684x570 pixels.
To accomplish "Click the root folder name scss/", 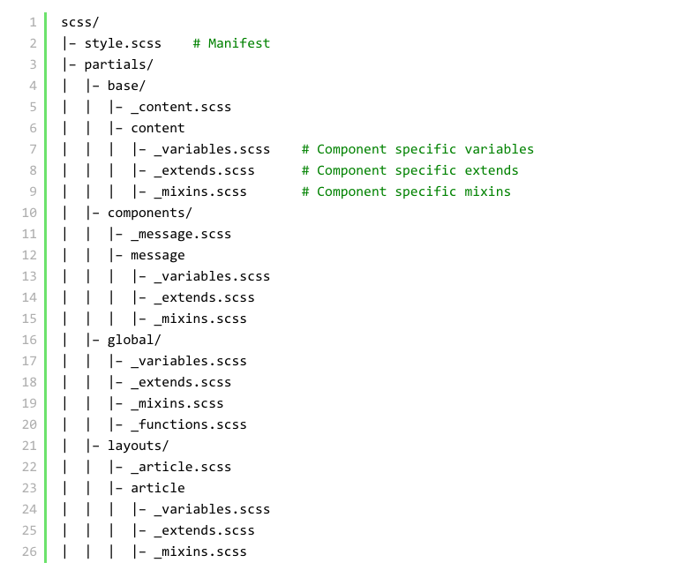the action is [80, 22].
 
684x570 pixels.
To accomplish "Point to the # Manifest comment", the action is [231, 43].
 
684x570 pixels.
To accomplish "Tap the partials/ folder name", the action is [119, 64].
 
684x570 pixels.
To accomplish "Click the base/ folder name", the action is [127, 86].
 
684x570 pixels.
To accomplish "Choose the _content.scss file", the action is [181, 107].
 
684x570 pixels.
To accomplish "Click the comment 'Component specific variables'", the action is [417, 149].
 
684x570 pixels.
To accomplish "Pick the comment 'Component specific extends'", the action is [410, 170].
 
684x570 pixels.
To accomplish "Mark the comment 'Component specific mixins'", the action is [406, 191].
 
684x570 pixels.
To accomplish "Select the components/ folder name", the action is [150, 213].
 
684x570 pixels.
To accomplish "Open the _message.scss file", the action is [181, 234].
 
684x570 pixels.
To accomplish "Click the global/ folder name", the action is [134, 340].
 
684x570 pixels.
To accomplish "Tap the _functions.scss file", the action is [189, 424].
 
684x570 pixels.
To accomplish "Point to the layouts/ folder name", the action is [139, 446].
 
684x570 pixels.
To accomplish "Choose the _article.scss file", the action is [181, 467].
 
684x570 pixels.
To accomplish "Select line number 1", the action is [33, 22].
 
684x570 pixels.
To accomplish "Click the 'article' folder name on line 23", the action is [158, 488].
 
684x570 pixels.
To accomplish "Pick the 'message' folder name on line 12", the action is [158, 255].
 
